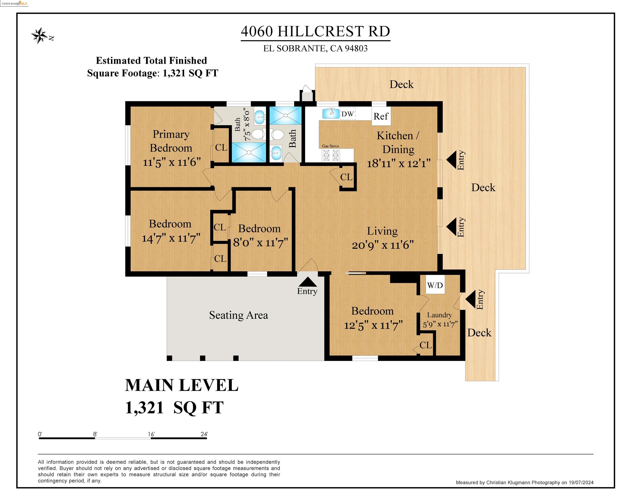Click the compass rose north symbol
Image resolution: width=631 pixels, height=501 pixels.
[x=40, y=36]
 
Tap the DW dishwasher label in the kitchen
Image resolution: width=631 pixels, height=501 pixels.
[x=348, y=114]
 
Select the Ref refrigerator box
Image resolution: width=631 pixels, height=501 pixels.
[x=381, y=116]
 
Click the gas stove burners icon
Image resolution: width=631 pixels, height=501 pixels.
[x=331, y=155]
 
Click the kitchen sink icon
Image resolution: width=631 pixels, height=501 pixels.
[x=331, y=113]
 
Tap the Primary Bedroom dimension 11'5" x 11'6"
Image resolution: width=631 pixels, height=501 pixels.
[x=172, y=162]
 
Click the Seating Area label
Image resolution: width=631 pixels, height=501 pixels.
[x=239, y=315]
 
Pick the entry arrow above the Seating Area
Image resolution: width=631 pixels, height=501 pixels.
[x=307, y=282]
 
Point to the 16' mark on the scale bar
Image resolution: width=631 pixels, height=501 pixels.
[x=151, y=434]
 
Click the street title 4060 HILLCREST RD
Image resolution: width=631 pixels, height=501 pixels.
[x=315, y=31]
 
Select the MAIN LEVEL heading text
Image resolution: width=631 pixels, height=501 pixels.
[x=182, y=385]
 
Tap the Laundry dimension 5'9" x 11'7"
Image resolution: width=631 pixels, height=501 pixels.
[x=440, y=324]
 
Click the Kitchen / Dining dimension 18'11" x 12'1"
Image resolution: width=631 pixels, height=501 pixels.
[x=399, y=163]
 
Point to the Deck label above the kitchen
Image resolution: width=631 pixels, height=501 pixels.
[x=402, y=84]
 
